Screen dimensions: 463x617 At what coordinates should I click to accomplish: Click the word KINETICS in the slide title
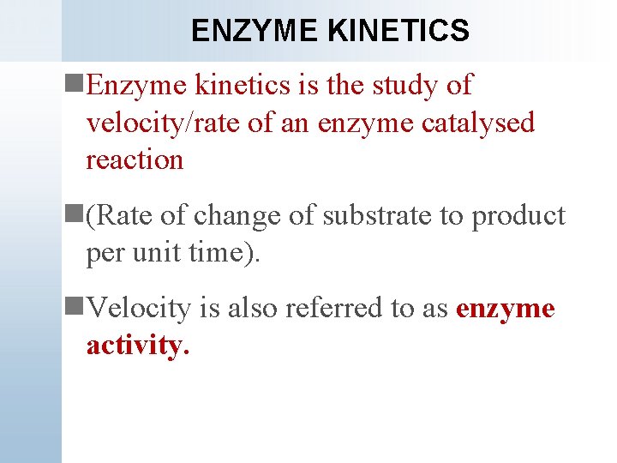point(398,31)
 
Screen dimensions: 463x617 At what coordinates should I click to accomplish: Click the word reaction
point(135,159)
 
